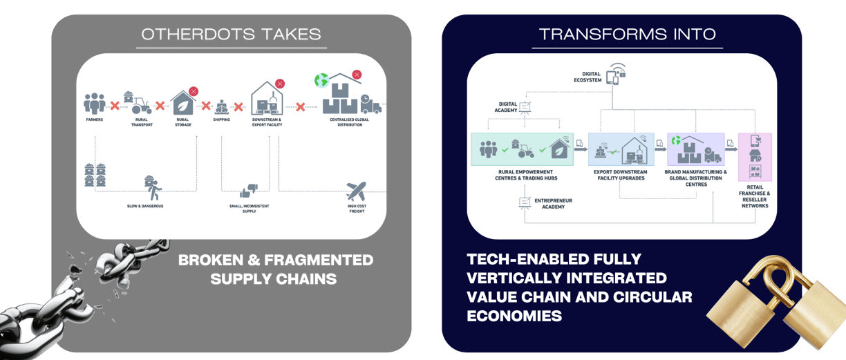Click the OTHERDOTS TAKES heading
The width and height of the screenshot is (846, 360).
point(231,34)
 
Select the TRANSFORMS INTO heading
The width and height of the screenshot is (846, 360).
point(627,34)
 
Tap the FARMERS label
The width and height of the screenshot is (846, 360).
point(95,120)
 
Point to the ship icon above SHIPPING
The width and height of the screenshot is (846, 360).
point(221,106)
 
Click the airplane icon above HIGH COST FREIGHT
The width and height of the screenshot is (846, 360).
point(357,190)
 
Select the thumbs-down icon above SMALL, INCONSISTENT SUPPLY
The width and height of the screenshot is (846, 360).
point(249,189)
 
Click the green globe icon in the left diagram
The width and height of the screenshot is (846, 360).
point(321,81)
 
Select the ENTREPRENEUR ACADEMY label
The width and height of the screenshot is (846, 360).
point(550,203)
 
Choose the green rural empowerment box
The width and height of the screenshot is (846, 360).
point(524,148)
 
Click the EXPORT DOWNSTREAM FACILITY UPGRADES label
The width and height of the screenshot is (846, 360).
point(621,175)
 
